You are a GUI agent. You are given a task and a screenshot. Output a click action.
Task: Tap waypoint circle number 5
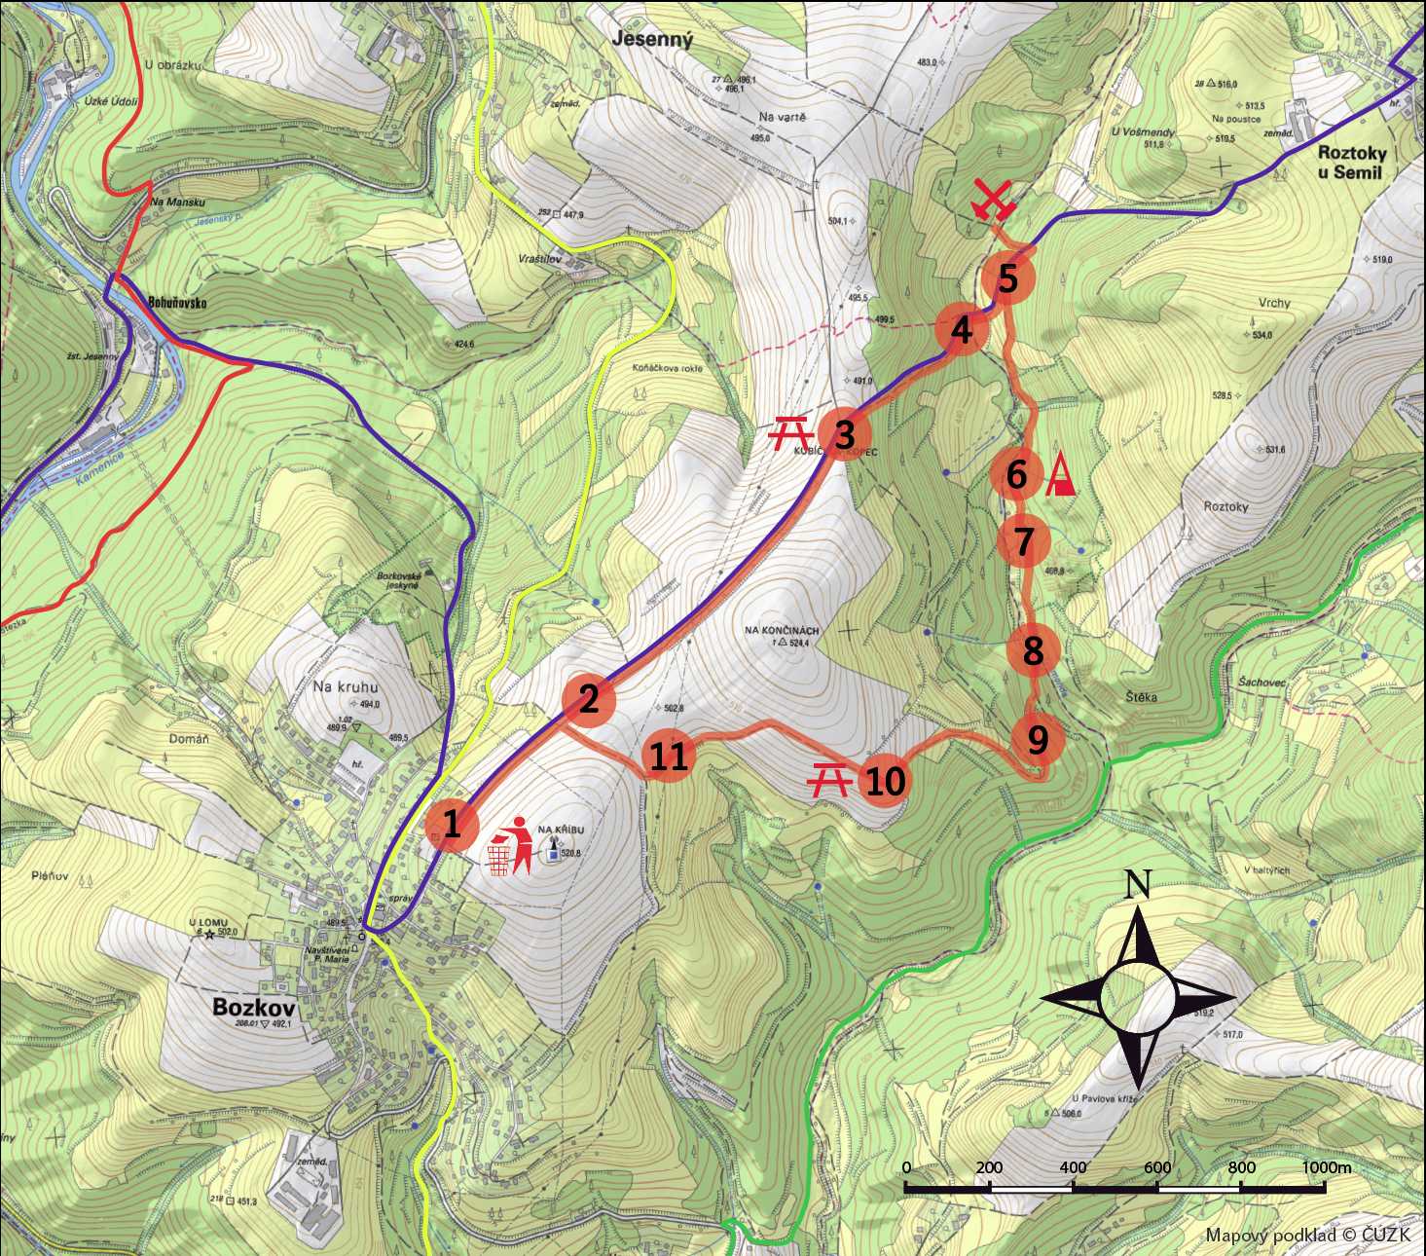pyautogui.click(x=1007, y=279)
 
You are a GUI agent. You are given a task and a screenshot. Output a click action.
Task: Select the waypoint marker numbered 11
pyautogui.click(x=669, y=757)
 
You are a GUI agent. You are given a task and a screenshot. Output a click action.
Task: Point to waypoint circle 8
pyautogui.click(x=1033, y=649)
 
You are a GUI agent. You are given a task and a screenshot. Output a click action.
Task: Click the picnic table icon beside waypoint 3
pyautogui.click(x=790, y=433)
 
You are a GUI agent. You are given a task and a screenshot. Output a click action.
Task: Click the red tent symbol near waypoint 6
pyautogui.click(x=1061, y=476)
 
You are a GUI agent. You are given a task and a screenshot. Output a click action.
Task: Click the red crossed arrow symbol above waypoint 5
pyautogui.click(x=994, y=202)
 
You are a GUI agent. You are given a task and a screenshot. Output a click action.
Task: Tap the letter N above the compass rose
pyautogui.click(x=1137, y=884)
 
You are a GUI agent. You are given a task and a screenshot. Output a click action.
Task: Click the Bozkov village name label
pyautogui.click(x=253, y=1006)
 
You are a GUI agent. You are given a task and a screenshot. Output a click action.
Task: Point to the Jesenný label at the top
pyautogui.click(x=652, y=40)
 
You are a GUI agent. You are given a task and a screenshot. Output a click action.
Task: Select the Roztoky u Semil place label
pyautogui.click(x=1363, y=163)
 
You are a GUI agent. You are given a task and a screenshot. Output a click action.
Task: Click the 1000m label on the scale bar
pyautogui.click(x=1327, y=1167)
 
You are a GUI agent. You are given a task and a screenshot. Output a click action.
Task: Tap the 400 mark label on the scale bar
pyautogui.click(x=1073, y=1167)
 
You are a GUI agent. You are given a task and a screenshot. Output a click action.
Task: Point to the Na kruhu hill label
pyautogui.click(x=345, y=686)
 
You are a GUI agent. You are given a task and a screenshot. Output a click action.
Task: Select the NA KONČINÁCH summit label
pyautogui.click(x=782, y=630)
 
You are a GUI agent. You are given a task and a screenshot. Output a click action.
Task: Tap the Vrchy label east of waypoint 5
pyautogui.click(x=1273, y=303)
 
